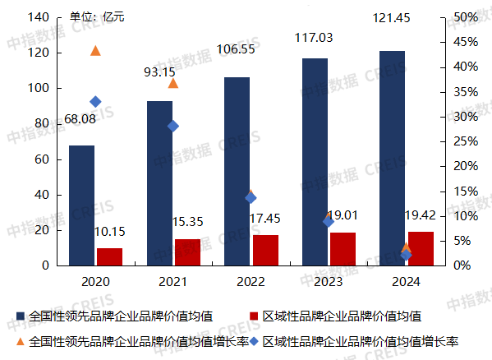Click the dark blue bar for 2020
click(x=81, y=205)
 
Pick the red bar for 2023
click(x=343, y=249)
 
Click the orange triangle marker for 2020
click(x=95, y=51)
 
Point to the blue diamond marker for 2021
click(x=172, y=126)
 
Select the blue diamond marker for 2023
click(x=328, y=221)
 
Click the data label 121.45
click(x=391, y=18)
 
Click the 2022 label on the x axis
click(x=251, y=282)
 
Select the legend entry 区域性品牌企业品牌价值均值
click(x=340, y=316)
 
